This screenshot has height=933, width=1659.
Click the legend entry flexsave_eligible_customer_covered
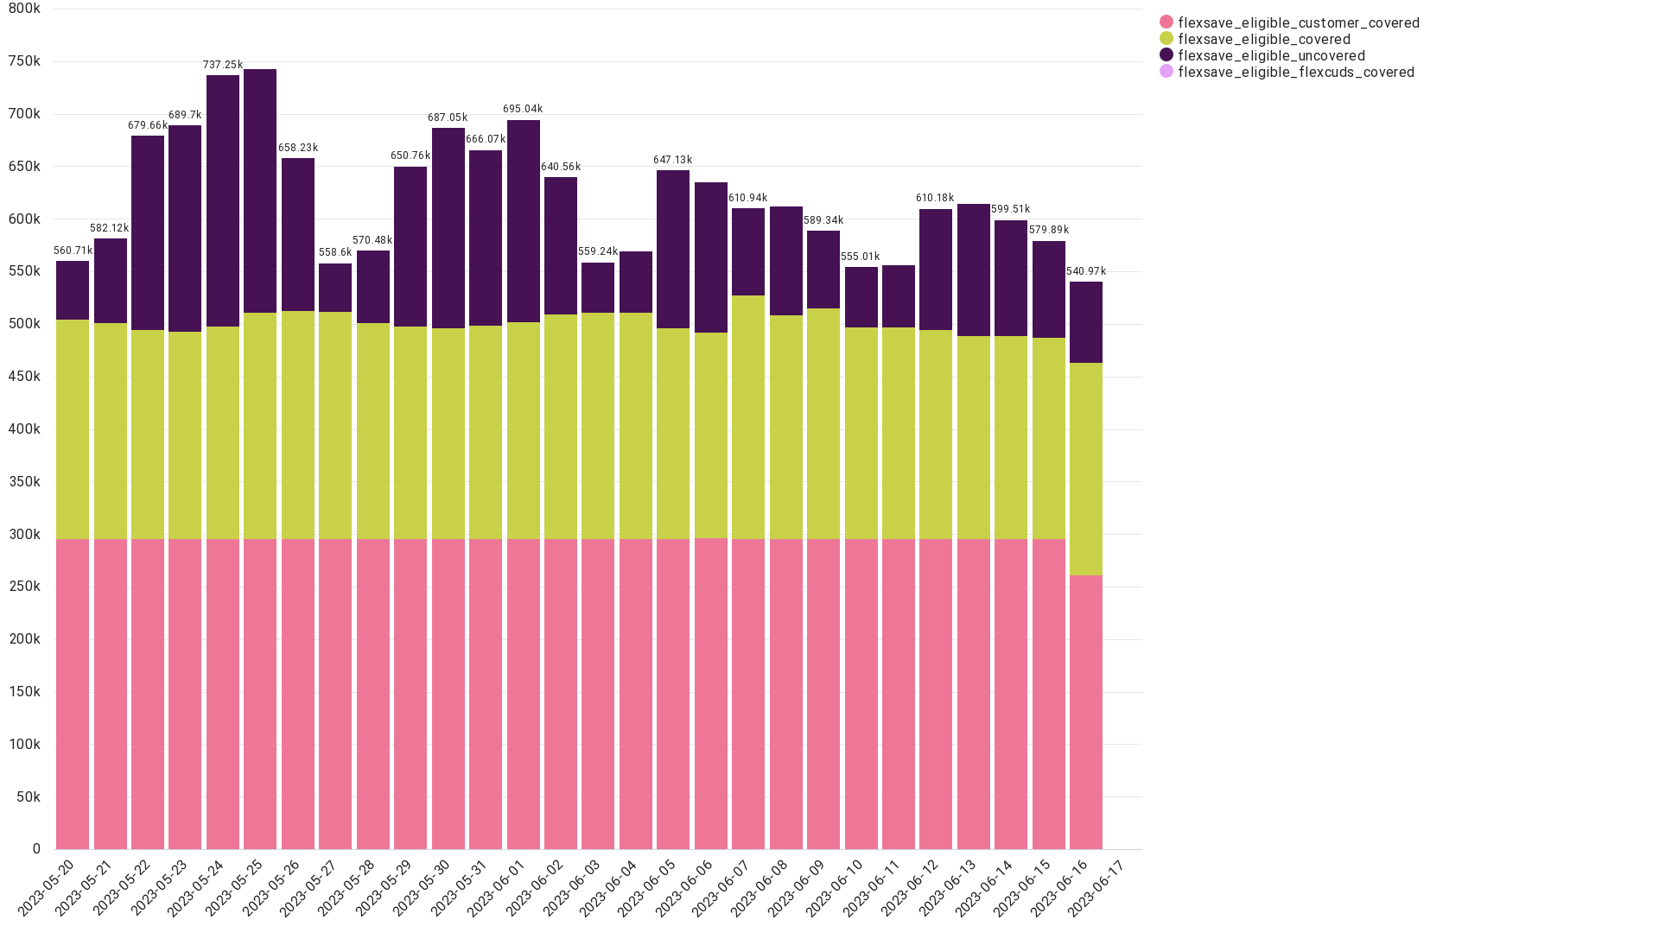pos(1289,23)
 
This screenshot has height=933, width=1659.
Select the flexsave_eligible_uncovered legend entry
pos(1262,56)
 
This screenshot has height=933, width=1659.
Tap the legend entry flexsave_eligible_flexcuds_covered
pos(1287,73)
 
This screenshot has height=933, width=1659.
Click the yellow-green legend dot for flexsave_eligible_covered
pos(1166,39)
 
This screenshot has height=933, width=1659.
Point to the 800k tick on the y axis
pos(24,9)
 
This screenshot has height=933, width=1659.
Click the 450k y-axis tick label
pos(24,377)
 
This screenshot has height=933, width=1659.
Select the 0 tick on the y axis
pos(36,849)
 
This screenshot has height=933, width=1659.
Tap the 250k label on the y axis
pos(24,587)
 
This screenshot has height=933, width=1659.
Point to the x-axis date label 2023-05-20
pos(47,887)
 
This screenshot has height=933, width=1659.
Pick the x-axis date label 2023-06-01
pos(497,887)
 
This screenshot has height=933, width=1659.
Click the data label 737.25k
pos(223,66)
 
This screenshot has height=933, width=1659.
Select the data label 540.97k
pos(1086,272)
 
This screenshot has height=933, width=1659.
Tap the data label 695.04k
pos(523,110)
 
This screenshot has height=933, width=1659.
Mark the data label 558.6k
pos(335,253)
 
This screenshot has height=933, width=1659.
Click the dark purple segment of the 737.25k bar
pos(223,201)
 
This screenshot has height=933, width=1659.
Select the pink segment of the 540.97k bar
pos(1086,712)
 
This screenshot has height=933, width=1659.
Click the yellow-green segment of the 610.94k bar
pos(748,417)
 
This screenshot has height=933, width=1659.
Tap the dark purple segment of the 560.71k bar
pos(73,290)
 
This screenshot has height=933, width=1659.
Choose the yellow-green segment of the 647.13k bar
pos(673,434)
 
